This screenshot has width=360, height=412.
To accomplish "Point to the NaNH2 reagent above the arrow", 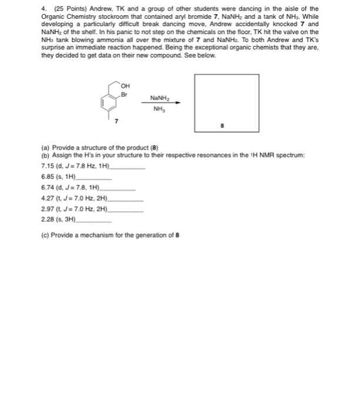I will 159,98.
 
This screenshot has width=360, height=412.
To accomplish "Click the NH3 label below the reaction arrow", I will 159,108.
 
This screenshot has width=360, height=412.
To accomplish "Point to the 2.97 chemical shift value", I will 49,208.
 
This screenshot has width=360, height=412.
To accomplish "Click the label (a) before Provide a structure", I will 46,148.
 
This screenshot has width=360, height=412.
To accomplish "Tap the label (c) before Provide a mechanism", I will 46,235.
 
